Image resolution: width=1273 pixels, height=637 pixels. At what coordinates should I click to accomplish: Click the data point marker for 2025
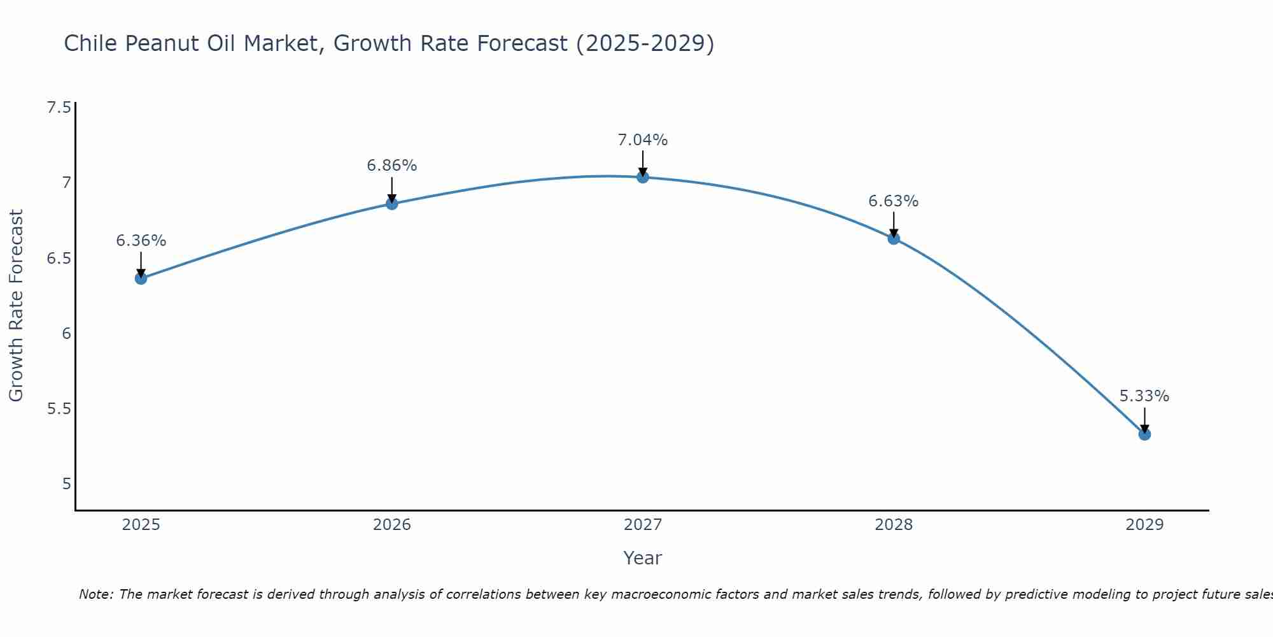[141, 278]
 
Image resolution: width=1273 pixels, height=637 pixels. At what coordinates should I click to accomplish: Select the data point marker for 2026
[392, 204]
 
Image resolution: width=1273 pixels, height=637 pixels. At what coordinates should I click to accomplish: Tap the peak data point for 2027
[643, 177]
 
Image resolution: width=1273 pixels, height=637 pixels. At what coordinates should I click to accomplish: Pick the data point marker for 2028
[894, 239]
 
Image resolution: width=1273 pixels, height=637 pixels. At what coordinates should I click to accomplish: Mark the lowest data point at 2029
[1144, 434]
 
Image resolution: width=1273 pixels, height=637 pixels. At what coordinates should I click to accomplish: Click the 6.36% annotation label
[141, 241]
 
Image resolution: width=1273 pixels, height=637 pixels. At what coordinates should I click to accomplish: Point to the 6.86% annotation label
[392, 166]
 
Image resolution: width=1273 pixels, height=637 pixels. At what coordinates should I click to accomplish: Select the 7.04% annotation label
[643, 140]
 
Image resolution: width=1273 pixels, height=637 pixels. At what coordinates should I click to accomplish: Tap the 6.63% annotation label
[894, 201]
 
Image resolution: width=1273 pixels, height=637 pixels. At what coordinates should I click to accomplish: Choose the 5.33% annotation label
[1144, 396]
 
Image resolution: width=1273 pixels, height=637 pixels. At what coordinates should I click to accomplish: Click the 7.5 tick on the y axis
[59, 108]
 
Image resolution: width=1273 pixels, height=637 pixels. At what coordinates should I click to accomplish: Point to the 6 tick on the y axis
[66, 333]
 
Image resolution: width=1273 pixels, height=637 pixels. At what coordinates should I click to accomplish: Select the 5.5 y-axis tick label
[59, 408]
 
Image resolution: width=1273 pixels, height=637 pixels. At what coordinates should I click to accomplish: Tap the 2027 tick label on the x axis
[643, 525]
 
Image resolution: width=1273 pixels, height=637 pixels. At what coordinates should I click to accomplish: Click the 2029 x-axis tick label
[1144, 525]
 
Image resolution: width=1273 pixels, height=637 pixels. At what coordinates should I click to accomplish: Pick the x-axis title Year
[643, 558]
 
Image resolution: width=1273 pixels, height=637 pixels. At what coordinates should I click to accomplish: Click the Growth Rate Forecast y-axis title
[17, 306]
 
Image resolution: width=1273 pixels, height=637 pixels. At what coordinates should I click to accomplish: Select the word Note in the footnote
[95, 594]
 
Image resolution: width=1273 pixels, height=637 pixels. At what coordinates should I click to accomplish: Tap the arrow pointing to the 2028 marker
[894, 224]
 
